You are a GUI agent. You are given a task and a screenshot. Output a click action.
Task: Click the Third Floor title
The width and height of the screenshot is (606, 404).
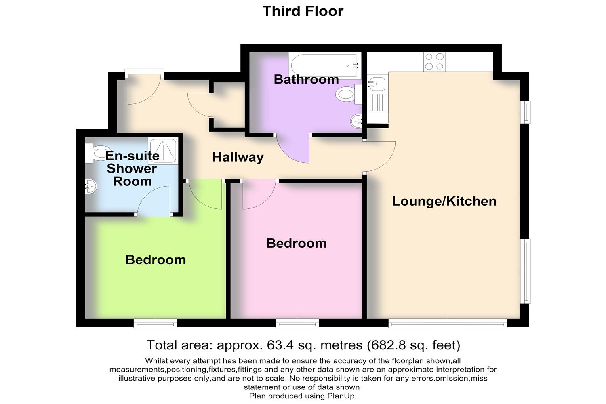click(303, 11)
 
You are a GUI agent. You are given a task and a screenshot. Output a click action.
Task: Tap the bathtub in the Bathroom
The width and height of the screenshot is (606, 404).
click(325, 65)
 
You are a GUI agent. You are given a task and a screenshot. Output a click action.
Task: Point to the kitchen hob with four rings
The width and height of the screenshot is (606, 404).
click(434, 62)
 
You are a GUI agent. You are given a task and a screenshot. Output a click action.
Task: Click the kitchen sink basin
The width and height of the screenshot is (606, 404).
click(377, 84)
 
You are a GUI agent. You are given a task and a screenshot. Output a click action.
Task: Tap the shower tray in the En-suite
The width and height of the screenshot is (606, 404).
click(163, 151)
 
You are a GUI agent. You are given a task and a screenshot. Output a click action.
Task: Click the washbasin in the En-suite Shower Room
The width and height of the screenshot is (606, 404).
click(91, 186)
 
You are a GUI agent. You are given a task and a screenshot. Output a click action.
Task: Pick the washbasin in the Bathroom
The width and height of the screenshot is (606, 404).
click(357, 122)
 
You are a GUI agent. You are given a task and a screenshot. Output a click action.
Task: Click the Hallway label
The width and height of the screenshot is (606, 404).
click(238, 157)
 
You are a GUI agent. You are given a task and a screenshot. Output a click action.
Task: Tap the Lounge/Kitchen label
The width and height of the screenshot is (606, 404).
click(444, 201)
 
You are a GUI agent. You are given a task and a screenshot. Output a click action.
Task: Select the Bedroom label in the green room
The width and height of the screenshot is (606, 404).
click(156, 260)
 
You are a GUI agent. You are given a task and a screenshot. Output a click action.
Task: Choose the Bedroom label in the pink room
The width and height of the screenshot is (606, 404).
click(297, 243)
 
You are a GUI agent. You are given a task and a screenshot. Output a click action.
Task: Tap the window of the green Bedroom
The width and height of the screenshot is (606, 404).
click(155, 323)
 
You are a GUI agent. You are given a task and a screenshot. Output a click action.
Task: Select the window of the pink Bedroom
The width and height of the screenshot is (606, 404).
click(297, 323)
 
